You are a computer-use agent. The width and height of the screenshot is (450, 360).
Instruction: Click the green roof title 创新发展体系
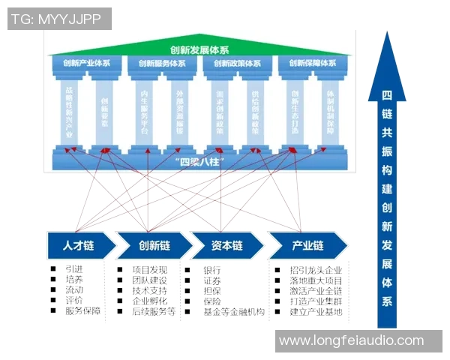click(199, 50)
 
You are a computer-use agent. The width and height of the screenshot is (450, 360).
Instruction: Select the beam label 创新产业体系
click(87, 64)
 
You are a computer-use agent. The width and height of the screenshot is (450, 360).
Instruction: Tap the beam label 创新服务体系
click(162, 64)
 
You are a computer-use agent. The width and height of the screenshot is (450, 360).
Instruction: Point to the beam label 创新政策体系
click(237, 64)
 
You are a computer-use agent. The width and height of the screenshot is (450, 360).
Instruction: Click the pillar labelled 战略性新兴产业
click(68, 112)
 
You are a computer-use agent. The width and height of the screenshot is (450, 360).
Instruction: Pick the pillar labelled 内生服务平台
click(144, 112)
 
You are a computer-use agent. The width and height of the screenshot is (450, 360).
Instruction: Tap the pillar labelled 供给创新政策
click(255, 112)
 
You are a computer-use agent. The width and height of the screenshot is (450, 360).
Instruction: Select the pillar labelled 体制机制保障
click(330, 112)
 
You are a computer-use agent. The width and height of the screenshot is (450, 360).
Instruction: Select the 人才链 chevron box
click(77, 245)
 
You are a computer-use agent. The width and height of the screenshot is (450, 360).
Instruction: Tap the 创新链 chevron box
click(154, 245)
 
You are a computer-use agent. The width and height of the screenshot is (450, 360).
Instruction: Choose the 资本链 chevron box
click(226, 245)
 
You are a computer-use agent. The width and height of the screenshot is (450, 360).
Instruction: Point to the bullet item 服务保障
click(82, 310)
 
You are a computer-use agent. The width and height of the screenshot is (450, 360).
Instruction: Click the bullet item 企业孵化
click(149, 301)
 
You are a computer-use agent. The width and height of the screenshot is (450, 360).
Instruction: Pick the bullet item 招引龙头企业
click(316, 270)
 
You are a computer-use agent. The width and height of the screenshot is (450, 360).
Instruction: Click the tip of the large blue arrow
click(387, 34)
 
